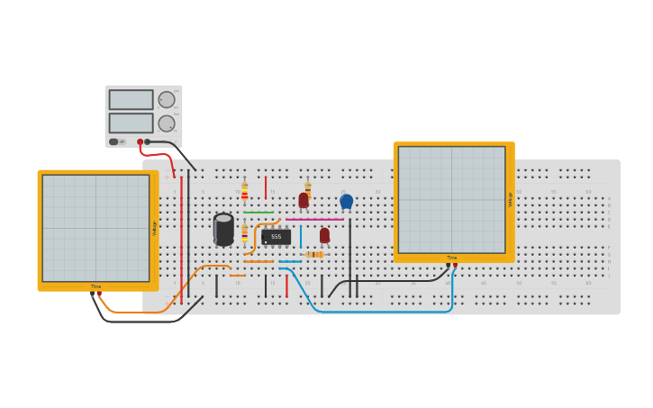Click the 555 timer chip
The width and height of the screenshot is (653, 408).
276,237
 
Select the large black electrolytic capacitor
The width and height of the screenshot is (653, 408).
223,229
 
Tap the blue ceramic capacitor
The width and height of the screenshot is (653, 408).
346,201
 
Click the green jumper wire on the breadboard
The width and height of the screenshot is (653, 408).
258,213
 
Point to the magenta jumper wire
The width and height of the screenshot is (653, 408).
314,219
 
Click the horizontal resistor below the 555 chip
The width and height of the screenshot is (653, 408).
313,255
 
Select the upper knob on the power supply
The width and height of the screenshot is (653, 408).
167,100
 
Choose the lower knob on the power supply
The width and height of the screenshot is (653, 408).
167,123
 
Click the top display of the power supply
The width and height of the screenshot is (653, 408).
132,99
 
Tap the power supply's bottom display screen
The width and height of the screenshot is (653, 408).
132,122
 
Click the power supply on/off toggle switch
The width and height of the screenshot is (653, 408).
113,141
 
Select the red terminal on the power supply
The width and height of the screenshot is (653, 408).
140,141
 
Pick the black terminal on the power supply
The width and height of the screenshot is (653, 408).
148,141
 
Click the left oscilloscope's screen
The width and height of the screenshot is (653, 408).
95,228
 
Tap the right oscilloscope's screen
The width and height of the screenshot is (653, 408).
451,199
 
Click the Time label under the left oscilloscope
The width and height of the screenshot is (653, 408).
95,286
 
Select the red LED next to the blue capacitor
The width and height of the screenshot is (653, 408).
304,200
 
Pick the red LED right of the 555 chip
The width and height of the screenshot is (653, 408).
324,235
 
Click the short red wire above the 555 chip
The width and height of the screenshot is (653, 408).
266,187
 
